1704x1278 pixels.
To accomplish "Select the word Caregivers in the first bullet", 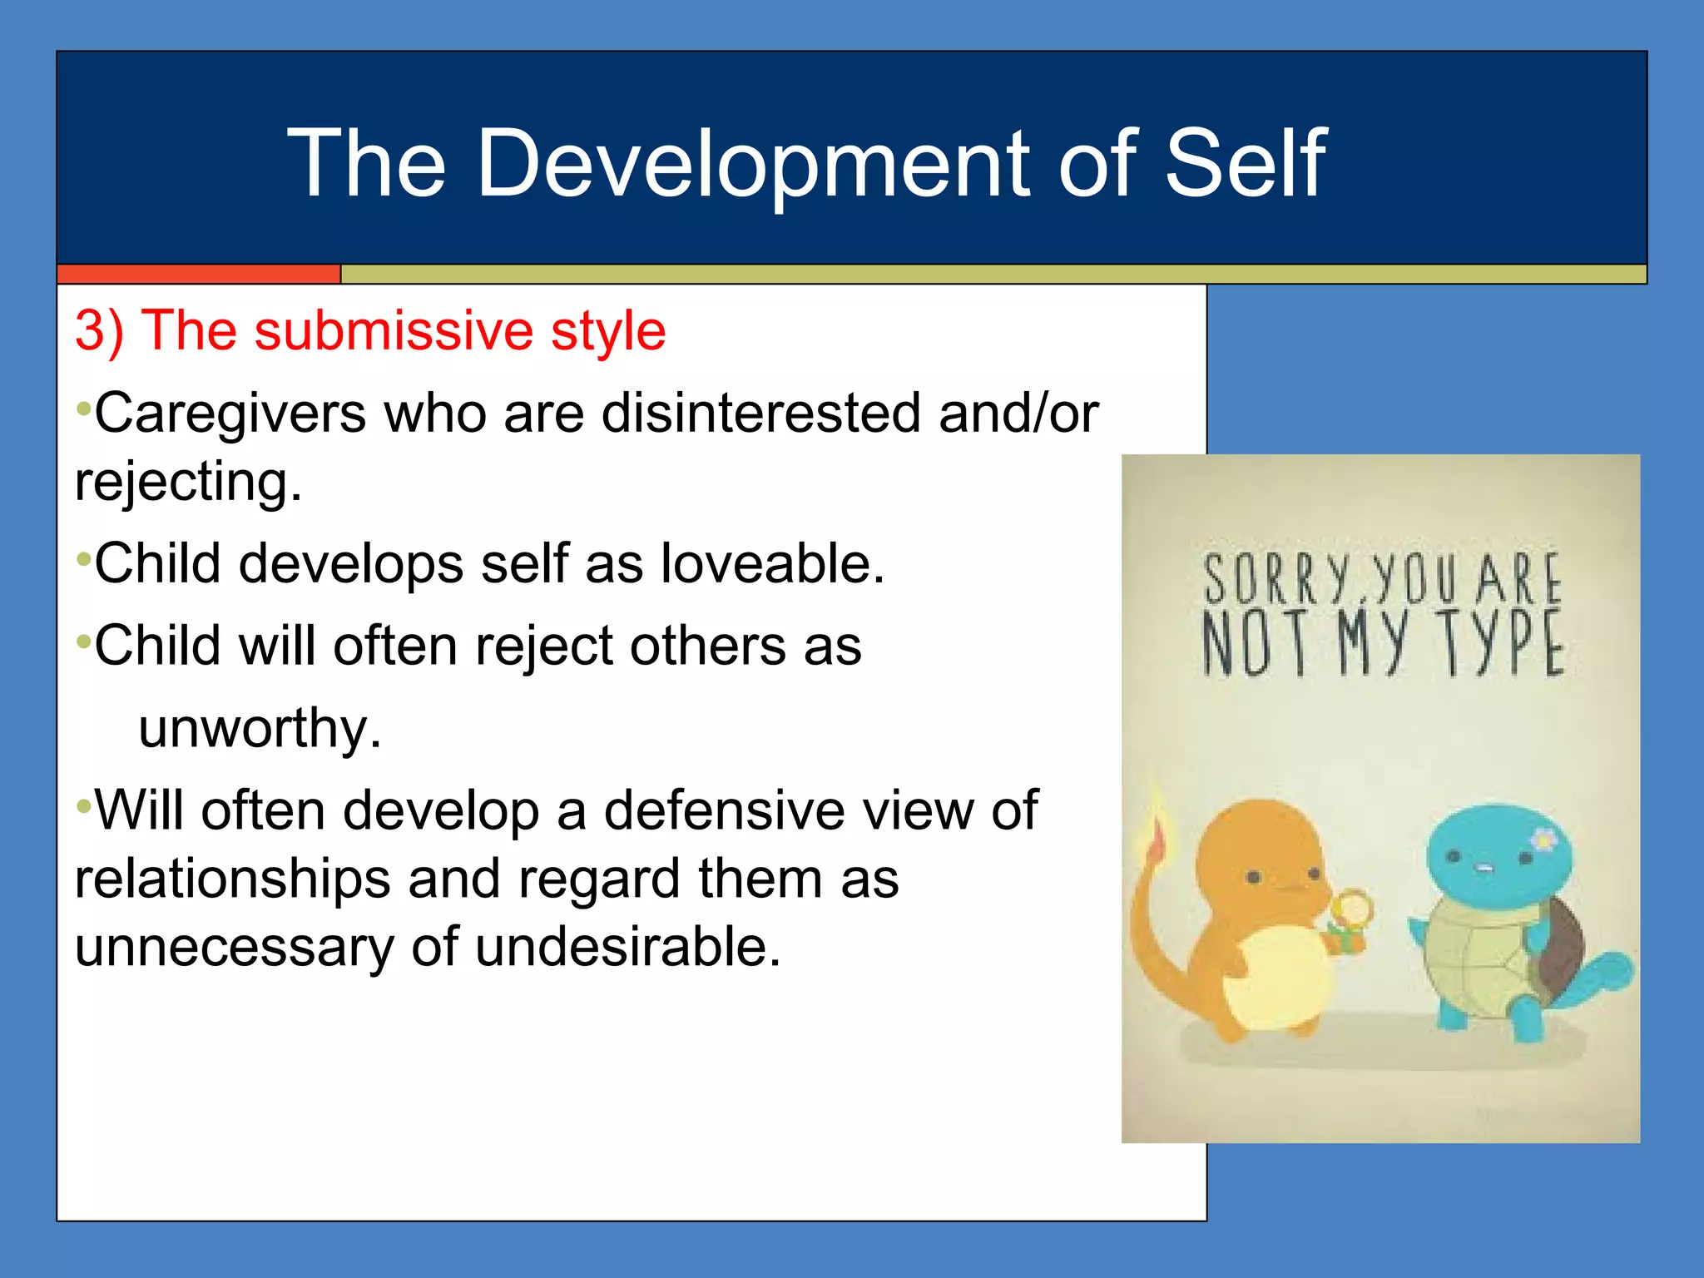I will [x=230, y=413].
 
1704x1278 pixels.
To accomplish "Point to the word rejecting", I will [x=188, y=482].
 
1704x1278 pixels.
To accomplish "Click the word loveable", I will [x=772, y=563].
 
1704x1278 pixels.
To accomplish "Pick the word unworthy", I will [x=260, y=728].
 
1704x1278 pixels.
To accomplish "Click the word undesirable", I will [x=628, y=947].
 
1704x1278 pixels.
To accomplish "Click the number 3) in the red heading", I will [x=99, y=330].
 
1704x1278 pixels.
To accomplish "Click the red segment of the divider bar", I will [x=198, y=274].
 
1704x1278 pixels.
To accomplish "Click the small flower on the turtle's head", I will [x=1543, y=840].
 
